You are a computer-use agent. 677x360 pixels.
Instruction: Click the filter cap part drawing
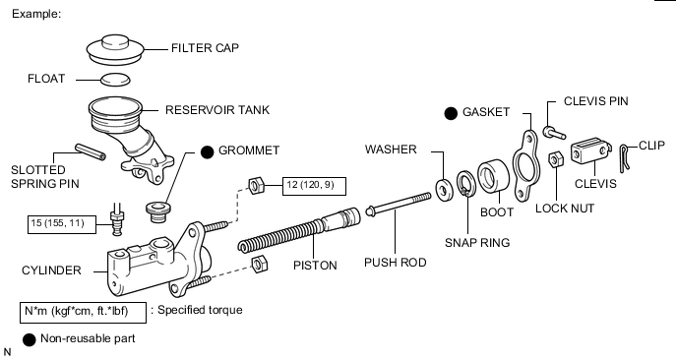pos(115,50)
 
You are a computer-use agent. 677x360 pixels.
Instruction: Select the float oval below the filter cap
pos(115,80)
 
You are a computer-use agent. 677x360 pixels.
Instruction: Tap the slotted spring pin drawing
pos(91,151)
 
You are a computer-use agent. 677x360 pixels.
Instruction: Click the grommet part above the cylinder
pos(158,211)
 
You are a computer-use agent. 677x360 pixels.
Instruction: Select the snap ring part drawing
pos(465,183)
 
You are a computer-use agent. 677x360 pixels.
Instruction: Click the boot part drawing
pos(494,176)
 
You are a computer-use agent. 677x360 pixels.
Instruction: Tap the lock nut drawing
pos(556,159)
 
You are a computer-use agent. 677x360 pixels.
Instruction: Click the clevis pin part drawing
pos(554,133)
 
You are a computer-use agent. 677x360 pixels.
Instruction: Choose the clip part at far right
pos(625,158)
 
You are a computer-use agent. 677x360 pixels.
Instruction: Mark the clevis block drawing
pos(591,150)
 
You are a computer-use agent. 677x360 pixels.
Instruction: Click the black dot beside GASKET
pos(451,113)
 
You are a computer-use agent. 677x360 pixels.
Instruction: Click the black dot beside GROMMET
pos(208,151)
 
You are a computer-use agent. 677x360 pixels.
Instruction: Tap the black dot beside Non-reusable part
pos(29,339)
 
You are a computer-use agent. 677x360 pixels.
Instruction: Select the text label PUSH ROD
pos(395,263)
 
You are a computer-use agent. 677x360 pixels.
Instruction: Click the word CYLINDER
pos(51,270)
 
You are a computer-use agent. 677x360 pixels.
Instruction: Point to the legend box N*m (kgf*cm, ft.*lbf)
pos(83,313)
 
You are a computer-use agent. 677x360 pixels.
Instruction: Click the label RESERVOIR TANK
pos(217,110)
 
